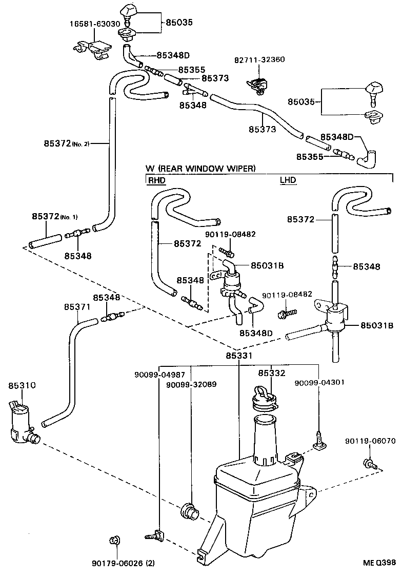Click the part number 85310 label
click(x=22, y=385)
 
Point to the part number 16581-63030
click(x=95, y=24)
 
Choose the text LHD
click(x=288, y=180)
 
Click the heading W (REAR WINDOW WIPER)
click(x=200, y=168)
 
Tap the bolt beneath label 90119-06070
click(x=370, y=464)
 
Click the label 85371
click(x=77, y=307)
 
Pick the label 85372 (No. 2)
click(x=67, y=143)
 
